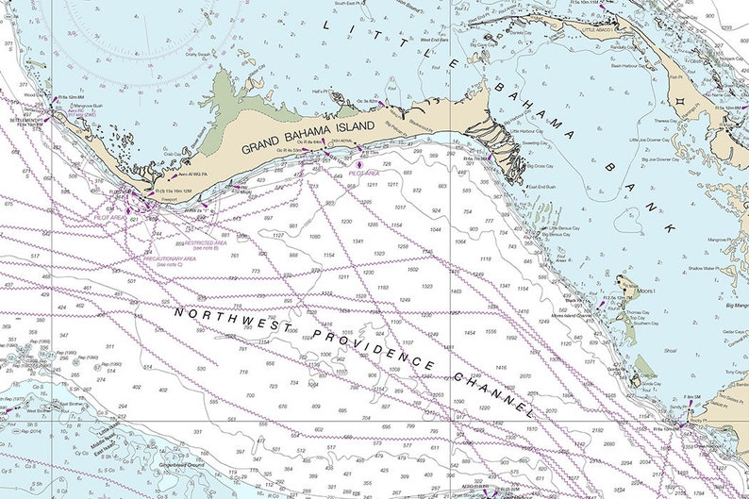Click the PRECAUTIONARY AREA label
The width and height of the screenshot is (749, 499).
(169, 259)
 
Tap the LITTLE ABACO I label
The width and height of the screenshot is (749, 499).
(603, 30)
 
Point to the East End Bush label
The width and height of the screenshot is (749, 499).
(541, 188)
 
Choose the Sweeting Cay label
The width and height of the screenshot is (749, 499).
(537, 143)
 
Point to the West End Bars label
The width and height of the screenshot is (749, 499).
(433, 41)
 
